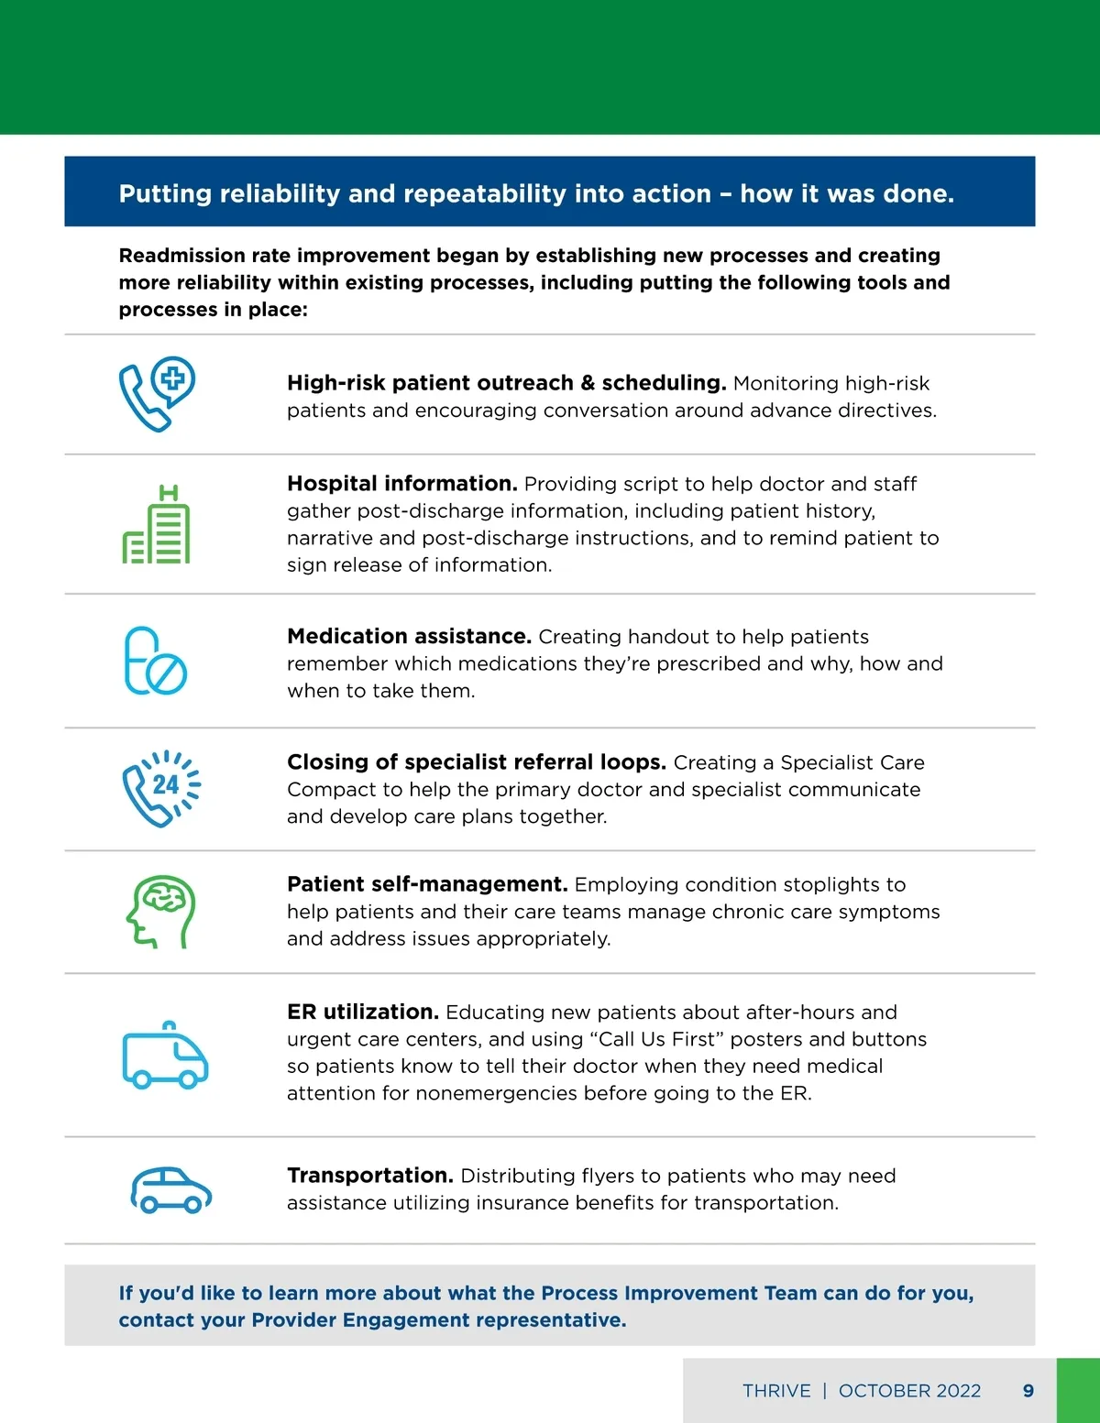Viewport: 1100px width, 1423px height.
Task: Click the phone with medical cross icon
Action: point(157,394)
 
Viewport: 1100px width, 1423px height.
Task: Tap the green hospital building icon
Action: point(157,524)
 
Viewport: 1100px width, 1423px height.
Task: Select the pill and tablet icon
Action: point(155,661)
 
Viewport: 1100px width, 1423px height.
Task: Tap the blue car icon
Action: point(170,1190)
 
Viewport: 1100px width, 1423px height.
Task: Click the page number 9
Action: point(1028,1391)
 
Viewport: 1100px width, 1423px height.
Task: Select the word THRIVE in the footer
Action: point(776,1391)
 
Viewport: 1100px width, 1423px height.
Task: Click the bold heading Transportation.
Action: point(370,1176)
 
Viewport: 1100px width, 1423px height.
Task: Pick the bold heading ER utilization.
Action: point(363,1012)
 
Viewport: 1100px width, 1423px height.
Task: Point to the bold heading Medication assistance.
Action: point(409,636)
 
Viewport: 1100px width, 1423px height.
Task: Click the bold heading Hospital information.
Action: point(402,483)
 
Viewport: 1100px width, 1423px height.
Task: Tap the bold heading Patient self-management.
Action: point(427,884)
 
